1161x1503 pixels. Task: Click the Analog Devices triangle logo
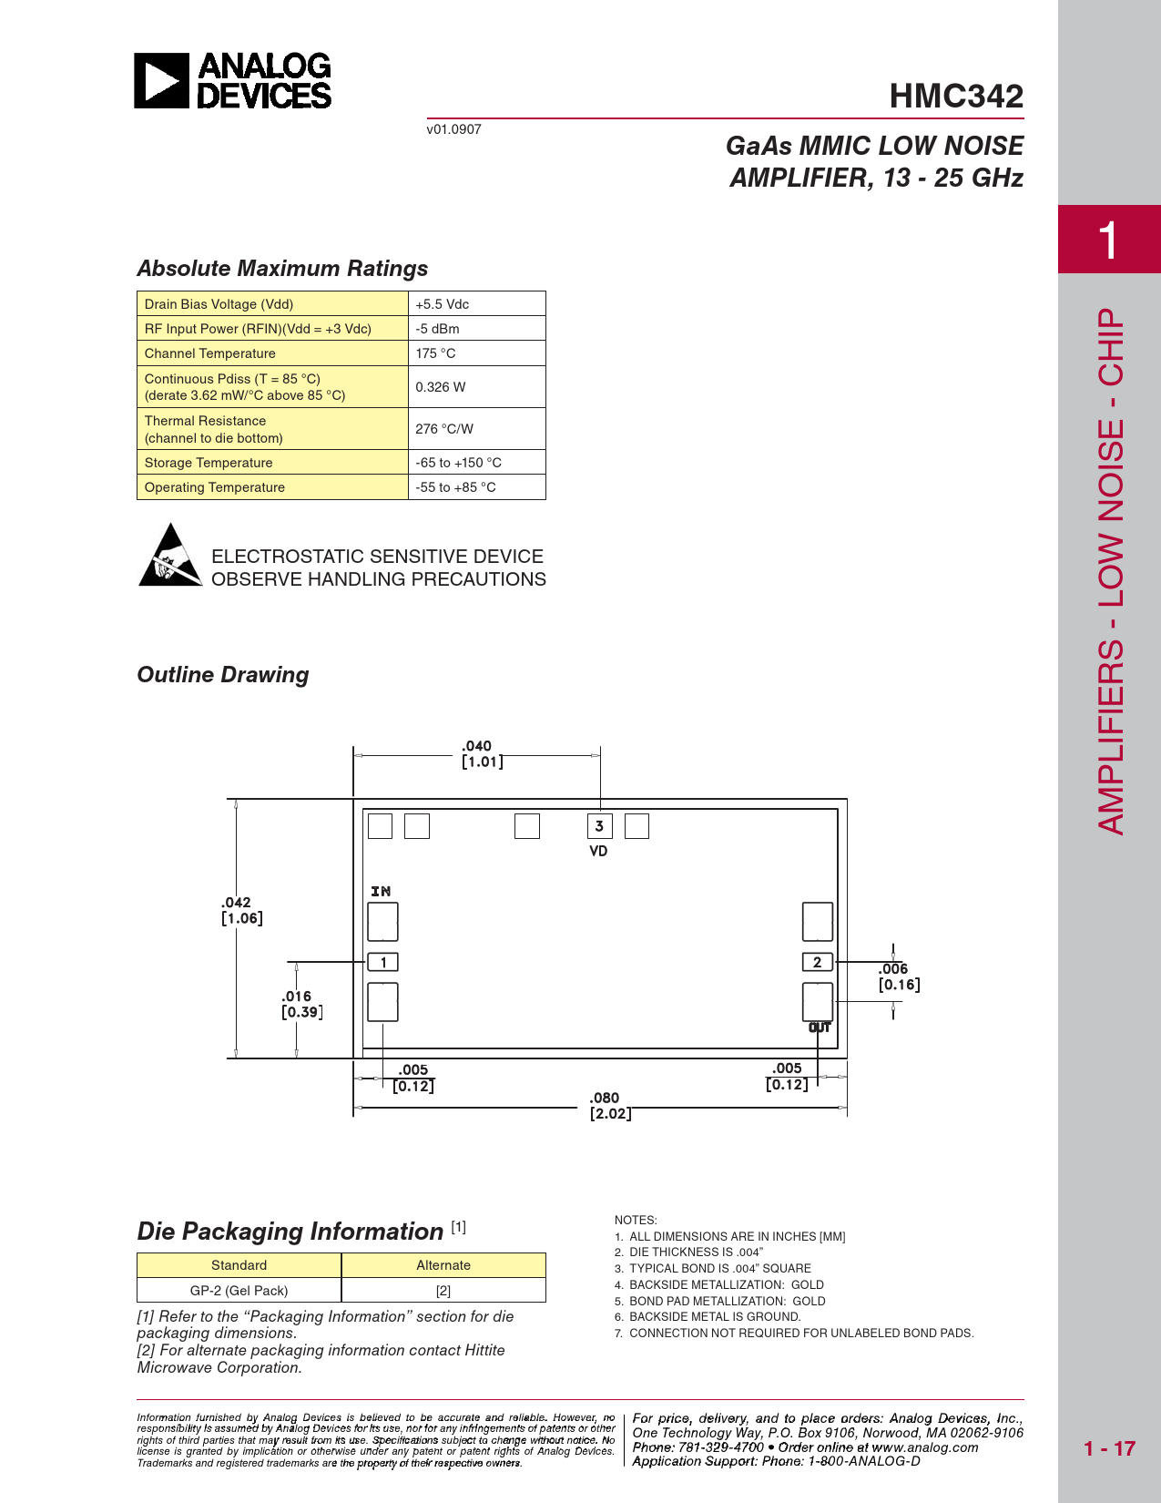coord(162,81)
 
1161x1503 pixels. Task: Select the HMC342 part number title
coord(956,96)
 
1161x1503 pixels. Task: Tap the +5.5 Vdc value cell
coord(443,304)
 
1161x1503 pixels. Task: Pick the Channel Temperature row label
coord(210,353)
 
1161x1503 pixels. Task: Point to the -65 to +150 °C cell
coord(458,463)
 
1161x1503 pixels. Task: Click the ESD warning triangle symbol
coord(169,556)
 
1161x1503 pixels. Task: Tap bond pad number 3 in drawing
coord(599,826)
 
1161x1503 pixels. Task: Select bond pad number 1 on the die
coord(383,962)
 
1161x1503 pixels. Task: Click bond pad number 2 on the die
coord(817,962)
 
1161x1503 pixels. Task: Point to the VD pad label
coord(598,851)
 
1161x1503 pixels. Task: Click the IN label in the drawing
coord(381,891)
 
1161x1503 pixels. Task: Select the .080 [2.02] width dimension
coord(607,1106)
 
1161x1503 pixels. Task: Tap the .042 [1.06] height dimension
coord(241,910)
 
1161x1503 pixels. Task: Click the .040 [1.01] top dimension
coord(480,754)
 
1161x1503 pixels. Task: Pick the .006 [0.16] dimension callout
coord(898,976)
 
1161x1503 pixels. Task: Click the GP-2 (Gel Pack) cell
coord(239,1291)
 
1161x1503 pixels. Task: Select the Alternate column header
coord(443,1265)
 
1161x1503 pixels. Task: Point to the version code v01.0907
coord(453,129)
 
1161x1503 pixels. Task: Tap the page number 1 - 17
coord(1109,1448)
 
